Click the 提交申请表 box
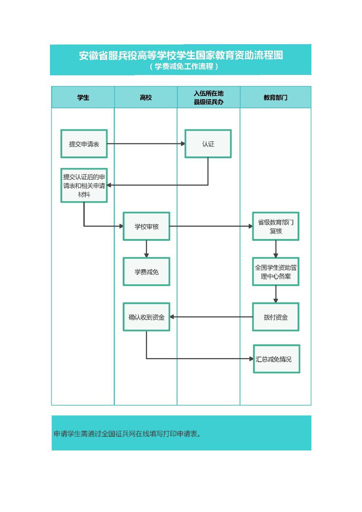pos(84,144)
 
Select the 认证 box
pos(208,144)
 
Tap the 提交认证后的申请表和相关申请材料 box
pos(84,185)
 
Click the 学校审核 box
pos(147,226)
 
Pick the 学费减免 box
pos(147,272)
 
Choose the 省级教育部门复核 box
pos(276,226)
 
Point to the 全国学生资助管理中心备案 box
pos(276,272)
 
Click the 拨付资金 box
pos(276,317)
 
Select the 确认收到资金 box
pos(147,317)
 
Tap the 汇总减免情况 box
pos(277,359)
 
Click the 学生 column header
pos(83,97)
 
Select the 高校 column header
pos(146,97)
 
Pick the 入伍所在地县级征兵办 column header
pos(209,97)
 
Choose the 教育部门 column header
pos(275,97)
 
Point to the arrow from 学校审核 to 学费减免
pos(147,249)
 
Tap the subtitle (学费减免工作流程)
pos(184,66)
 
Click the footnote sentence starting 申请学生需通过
pos(127,433)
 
